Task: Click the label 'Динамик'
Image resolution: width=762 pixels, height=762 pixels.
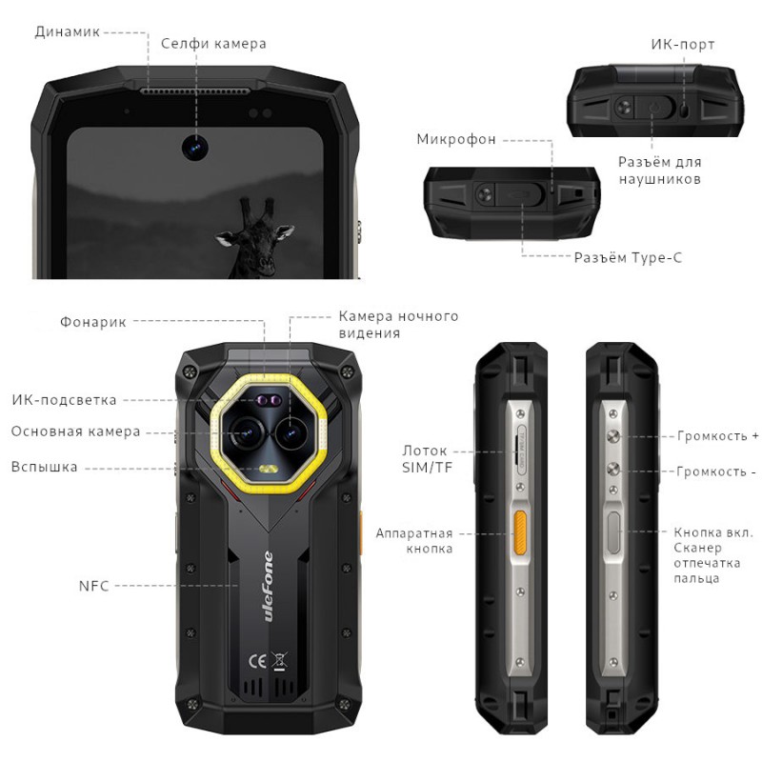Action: coord(67,31)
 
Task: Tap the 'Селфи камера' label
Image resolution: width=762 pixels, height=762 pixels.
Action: coord(213,44)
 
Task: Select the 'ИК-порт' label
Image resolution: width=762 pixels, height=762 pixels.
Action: coord(682,45)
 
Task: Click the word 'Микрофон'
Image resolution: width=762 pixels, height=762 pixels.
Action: coord(456,140)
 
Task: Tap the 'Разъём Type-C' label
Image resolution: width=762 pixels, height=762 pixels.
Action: coord(628,257)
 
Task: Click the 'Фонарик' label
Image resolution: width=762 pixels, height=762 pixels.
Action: coord(93,322)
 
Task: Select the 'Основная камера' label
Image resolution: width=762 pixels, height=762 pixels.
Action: coord(76,431)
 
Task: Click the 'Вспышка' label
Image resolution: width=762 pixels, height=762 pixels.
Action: coord(45,468)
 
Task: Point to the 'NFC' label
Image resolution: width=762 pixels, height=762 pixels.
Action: coord(94,586)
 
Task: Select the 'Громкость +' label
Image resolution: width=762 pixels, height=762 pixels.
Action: coord(717,436)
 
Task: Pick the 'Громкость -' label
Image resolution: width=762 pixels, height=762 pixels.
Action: coord(715,471)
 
